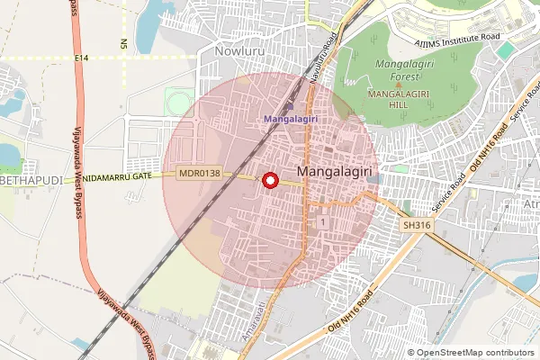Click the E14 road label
coord(83,58)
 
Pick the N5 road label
coord(123,43)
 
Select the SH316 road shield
coord(418,225)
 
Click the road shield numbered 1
coord(320,220)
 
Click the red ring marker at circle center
coord(269,180)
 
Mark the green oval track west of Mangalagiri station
coord(176,101)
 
